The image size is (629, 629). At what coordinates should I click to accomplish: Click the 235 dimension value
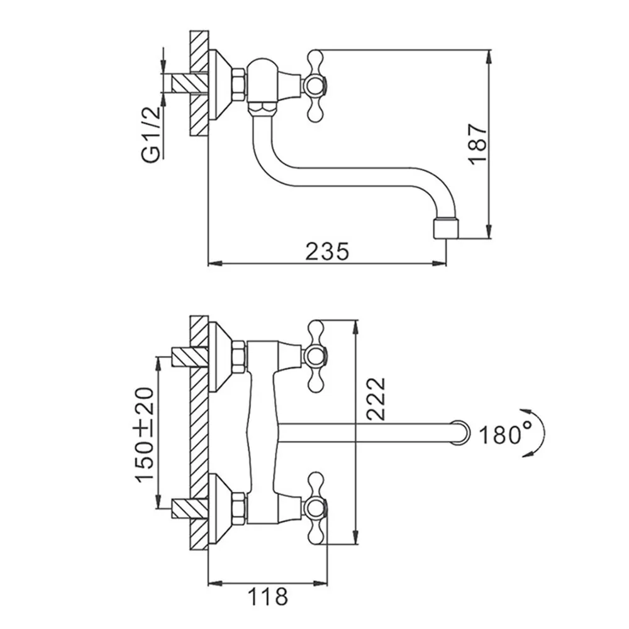click(x=327, y=252)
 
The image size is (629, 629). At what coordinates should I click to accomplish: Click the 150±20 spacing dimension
click(x=145, y=435)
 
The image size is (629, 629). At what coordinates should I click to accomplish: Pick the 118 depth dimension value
click(x=267, y=596)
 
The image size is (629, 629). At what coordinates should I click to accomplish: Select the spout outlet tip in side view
click(x=446, y=228)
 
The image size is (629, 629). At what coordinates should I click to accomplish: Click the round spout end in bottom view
click(x=460, y=433)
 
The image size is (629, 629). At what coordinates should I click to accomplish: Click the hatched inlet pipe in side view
click(x=191, y=84)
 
